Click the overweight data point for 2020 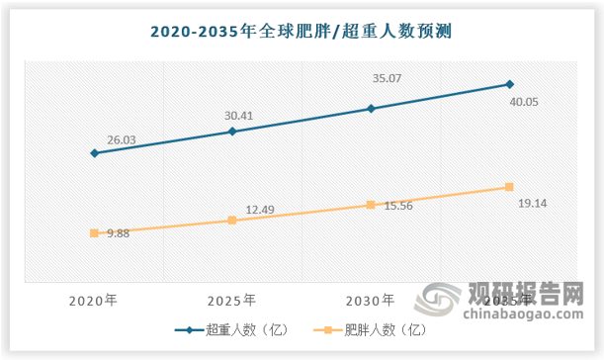(x=94, y=153)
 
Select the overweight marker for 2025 (x=232, y=131)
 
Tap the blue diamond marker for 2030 (x=371, y=108)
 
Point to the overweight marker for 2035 (x=509, y=84)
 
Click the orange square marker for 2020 (x=94, y=233)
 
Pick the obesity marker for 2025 (x=232, y=221)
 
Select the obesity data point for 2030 (x=371, y=205)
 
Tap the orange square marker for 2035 (x=509, y=187)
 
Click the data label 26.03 (x=121, y=141)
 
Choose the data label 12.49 (x=260, y=210)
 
